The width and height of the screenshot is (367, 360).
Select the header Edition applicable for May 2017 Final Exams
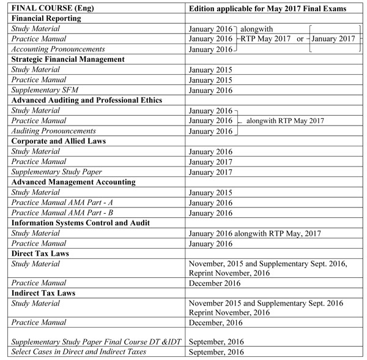tap(268, 8)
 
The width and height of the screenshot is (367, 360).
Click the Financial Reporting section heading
tap(46, 18)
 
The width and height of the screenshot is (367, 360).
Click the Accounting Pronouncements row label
tap(53, 49)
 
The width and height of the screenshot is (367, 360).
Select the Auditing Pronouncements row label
tap(48, 130)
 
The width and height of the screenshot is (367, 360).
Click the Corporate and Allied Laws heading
tap(59, 140)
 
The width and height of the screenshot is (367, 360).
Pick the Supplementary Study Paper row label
tap(52, 171)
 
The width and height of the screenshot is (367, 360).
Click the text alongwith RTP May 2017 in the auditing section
tap(284, 121)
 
